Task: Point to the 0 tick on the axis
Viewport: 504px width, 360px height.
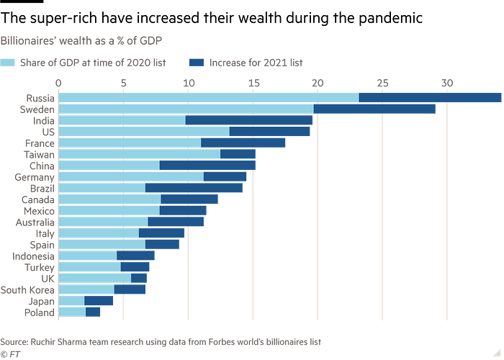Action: point(59,83)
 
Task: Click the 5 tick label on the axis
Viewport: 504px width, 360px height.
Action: point(123,83)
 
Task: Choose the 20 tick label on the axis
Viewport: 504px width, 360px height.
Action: point(317,83)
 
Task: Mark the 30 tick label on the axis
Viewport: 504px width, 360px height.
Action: point(446,83)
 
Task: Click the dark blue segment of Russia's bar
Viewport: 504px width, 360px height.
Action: point(431,97)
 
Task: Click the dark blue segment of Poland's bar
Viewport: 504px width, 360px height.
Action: point(94,312)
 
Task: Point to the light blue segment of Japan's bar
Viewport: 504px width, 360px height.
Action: point(71,301)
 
